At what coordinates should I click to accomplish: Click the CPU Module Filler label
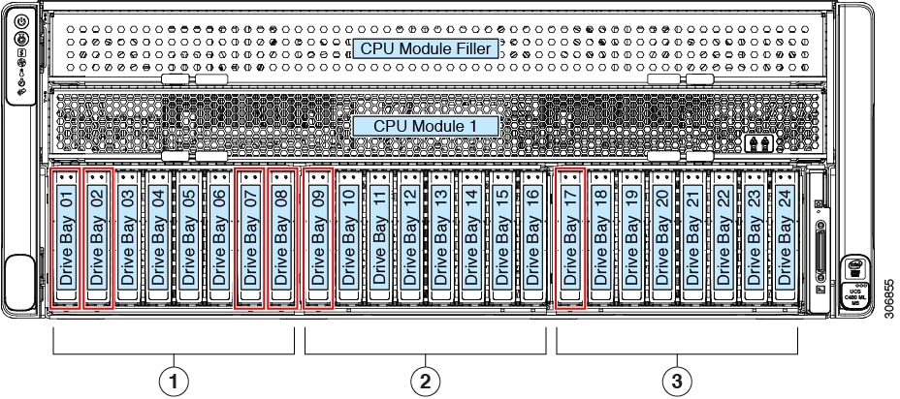[x=430, y=48]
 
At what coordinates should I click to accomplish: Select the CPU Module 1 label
[x=430, y=126]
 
